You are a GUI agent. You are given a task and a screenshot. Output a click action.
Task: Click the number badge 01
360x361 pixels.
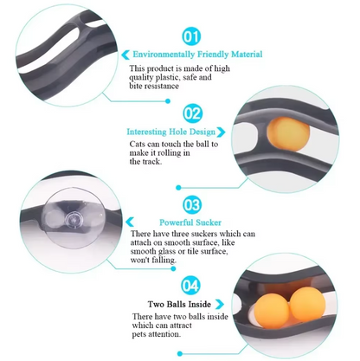[191, 36]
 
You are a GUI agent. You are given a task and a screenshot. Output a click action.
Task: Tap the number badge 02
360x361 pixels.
[192, 113]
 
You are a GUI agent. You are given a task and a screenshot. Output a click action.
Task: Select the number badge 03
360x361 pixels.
[192, 204]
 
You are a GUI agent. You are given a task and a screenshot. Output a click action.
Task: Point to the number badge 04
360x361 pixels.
[190, 286]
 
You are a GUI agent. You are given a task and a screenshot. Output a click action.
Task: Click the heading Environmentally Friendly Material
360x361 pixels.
[197, 55]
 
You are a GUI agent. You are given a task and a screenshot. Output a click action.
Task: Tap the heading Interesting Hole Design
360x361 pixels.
[171, 132]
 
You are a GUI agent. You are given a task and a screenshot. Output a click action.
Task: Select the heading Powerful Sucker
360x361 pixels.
[190, 222]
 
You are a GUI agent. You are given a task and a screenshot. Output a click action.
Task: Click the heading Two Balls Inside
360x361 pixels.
[179, 304]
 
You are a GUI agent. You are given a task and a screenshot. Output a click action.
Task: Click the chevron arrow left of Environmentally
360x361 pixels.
[125, 55]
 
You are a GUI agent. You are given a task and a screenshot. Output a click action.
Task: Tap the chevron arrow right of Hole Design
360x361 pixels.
[222, 132]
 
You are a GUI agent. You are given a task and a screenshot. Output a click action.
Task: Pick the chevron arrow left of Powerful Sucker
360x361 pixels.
[130, 222]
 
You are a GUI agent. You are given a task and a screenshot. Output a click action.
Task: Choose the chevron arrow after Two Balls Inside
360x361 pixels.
[220, 304]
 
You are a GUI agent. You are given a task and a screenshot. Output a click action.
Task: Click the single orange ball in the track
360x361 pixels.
[288, 134]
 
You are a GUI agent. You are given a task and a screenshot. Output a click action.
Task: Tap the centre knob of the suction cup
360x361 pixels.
[73, 220]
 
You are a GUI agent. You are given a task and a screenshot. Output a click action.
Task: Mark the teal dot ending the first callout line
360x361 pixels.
[168, 101]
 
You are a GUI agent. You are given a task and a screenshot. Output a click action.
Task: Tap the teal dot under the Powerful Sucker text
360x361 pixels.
[173, 268]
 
